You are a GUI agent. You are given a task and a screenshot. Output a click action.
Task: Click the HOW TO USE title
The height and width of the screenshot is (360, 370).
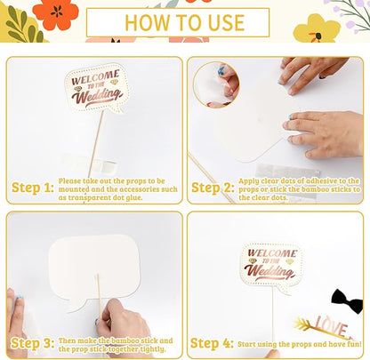(184, 23)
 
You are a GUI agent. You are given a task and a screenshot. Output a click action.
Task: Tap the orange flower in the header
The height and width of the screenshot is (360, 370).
(56, 14)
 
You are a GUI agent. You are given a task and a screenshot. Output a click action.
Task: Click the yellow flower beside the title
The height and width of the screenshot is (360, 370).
(317, 28)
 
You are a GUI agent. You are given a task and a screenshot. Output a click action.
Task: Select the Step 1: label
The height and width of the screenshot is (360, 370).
(33, 188)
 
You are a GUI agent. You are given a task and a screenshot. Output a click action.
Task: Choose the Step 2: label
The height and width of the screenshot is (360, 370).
(213, 188)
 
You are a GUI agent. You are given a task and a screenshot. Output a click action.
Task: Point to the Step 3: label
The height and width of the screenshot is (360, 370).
(33, 343)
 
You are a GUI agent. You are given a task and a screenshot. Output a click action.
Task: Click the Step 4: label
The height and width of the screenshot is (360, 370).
(212, 343)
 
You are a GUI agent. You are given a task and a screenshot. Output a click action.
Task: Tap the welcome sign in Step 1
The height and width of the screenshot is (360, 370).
(97, 88)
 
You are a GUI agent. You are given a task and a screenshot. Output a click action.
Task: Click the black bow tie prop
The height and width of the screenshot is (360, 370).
(347, 300)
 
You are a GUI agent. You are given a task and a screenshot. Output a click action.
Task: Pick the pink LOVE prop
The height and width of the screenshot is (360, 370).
(332, 326)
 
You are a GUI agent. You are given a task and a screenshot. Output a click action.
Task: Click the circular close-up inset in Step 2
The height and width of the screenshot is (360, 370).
(216, 84)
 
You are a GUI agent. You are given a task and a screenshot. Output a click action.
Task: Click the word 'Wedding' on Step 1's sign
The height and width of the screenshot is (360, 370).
(96, 96)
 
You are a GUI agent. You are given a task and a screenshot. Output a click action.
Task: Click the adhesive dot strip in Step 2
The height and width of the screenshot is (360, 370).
(287, 172)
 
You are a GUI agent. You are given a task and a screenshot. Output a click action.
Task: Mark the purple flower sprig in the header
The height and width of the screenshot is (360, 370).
(350, 15)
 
